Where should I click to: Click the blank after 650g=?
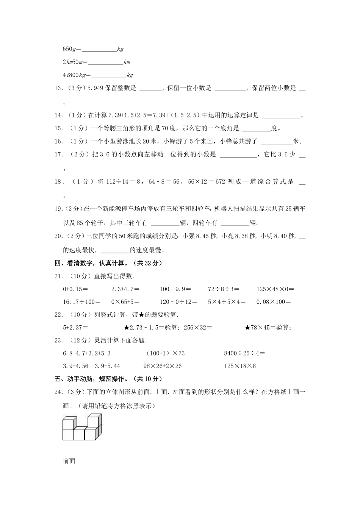[x=99, y=50]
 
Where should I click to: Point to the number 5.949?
[x=95, y=88]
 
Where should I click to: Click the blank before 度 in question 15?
[x=256, y=129]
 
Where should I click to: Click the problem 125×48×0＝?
[x=275, y=289]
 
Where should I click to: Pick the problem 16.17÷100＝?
[x=81, y=302]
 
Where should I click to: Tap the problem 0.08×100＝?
[x=274, y=302]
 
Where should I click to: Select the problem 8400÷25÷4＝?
[x=244, y=353]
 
